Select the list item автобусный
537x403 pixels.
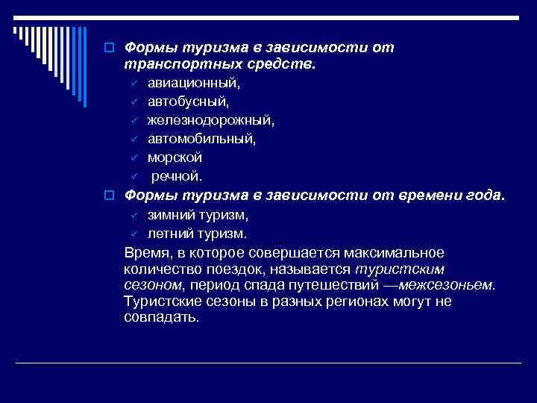[188, 102]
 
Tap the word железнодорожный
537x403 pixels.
[211, 120]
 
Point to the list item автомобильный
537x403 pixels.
[201, 139]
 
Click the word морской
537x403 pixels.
[175, 157]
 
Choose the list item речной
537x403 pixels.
[177, 176]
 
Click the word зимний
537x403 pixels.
[171, 215]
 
